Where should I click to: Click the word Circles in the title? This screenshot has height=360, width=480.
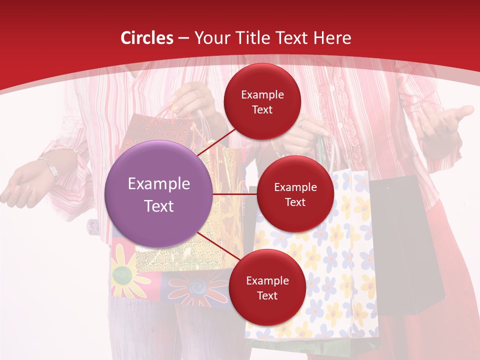(147, 38)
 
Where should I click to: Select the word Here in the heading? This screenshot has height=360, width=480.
(332, 38)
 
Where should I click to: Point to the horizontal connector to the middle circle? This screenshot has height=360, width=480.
(235, 194)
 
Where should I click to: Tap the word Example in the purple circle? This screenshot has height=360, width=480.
(159, 184)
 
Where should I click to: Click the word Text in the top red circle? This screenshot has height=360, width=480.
(262, 109)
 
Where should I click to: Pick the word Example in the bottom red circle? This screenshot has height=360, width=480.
(267, 281)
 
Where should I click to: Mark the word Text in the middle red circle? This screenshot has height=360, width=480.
(295, 202)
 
